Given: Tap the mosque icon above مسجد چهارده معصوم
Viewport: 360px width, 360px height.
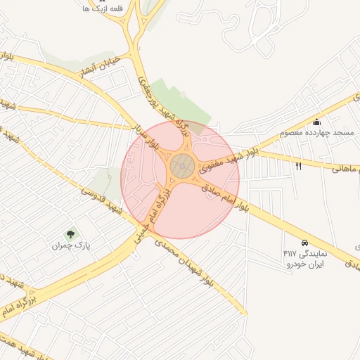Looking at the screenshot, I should [316, 122].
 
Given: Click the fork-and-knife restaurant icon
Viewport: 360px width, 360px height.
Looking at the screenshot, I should [299, 166].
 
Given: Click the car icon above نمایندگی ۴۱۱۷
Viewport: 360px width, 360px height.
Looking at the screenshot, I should [304, 241].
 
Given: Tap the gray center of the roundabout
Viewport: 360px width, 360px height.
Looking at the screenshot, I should [183, 167].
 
